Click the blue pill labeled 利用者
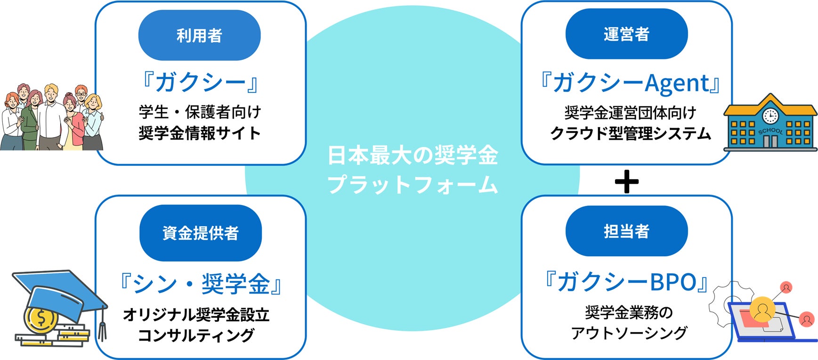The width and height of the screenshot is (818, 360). pos(199,35)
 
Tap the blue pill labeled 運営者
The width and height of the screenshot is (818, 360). pos(626,34)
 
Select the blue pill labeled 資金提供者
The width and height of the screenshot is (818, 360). pos(200,233)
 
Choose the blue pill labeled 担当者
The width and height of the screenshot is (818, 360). pos(626,231)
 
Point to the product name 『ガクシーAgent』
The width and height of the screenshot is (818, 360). pos(630,82)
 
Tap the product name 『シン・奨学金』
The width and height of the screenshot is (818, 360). pos(201,284)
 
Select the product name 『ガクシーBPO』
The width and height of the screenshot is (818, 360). pos(626,282)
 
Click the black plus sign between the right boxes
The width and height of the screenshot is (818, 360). pos(627,181)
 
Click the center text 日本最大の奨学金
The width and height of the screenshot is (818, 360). pos(413,156)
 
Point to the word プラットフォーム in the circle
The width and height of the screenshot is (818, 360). pos(413,184)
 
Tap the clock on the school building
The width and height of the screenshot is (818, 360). pos(770,115)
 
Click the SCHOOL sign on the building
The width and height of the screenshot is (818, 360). pos(770,131)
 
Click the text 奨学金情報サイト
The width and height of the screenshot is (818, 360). pos(200,133)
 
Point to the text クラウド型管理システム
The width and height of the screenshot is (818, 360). pos(630,134)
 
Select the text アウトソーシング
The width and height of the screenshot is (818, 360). pos(629,333)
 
